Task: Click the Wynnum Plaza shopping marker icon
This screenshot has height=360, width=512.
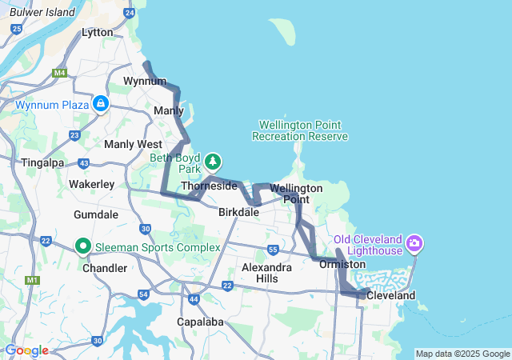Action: (101, 104)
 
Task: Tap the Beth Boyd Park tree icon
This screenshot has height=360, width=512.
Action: (214, 162)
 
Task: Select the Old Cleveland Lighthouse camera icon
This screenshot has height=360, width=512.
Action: (414, 242)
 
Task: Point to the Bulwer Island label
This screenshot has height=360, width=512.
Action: (42, 12)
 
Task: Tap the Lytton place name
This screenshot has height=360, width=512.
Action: (98, 33)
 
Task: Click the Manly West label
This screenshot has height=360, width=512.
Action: (133, 144)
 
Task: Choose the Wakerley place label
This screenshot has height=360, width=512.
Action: (91, 184)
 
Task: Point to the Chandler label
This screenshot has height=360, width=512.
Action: (104, 268)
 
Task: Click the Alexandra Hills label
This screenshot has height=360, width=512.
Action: (267, 273)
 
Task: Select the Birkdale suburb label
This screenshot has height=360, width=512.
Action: (239, 213)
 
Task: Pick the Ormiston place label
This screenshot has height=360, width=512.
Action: (342, 264)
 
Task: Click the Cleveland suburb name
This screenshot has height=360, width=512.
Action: (390, 295)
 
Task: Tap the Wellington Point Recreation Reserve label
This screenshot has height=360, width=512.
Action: (300, 130)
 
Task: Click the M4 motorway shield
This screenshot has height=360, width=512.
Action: (59, 74)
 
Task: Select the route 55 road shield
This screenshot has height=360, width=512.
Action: (273, 250)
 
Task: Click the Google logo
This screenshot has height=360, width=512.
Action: (26, 350)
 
